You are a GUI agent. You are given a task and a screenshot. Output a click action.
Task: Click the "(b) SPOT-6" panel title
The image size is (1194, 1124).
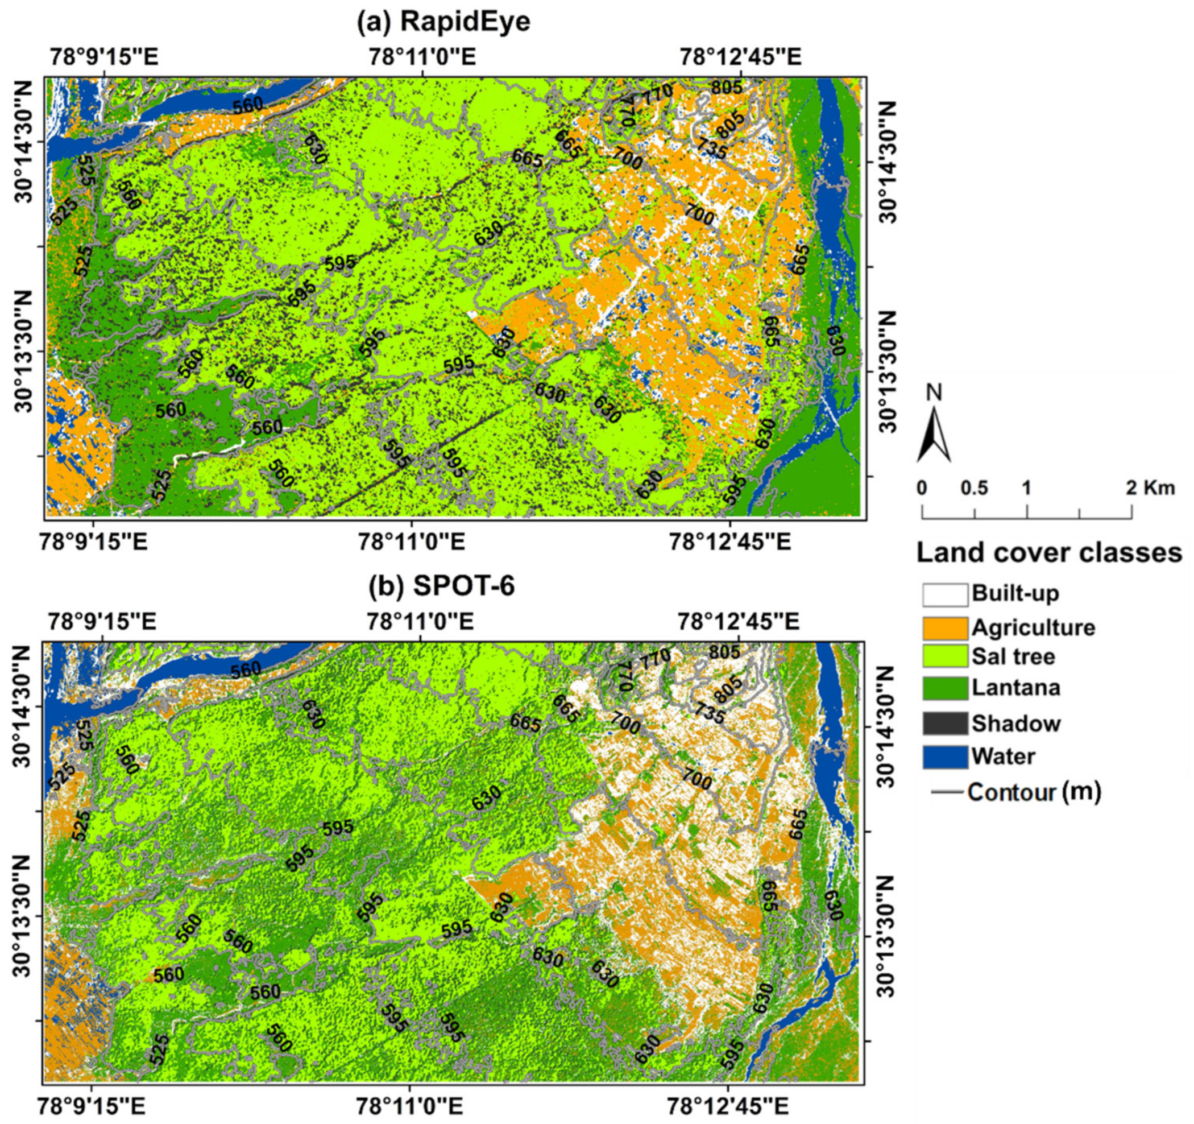(442, 586)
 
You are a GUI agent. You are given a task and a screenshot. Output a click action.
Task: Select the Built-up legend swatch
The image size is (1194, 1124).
(945, 595)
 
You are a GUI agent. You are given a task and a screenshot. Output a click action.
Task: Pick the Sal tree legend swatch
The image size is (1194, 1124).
(945, 656)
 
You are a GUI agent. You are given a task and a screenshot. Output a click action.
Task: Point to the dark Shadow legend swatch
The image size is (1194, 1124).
(945, 724)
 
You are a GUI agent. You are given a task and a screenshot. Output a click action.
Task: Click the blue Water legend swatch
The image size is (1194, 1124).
(945, 757)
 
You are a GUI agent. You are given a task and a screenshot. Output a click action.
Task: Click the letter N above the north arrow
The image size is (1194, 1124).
(934, 393)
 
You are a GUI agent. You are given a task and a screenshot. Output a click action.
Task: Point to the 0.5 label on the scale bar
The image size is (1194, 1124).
(974, 488)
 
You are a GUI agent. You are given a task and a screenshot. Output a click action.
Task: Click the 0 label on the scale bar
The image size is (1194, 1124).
(922, 488)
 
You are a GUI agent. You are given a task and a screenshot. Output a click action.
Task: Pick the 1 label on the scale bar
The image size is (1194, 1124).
(1027, 488)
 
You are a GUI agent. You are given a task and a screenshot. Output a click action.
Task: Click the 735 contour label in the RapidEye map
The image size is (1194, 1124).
(711, 148)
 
